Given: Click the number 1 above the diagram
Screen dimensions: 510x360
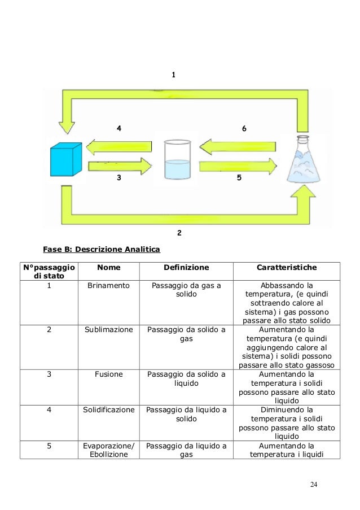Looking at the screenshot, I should tap(174, 75).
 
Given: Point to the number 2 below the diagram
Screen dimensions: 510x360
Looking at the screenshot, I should tap(179, 232).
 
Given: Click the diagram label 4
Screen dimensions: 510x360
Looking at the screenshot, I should tap(118, 128).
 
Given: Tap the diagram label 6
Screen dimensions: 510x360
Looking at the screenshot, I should tap(243, 129).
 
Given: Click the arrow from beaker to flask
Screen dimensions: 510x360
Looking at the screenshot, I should tap(237, 167).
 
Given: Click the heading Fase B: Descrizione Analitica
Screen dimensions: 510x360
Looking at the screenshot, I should tap(102, 249).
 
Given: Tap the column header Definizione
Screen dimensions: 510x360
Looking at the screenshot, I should tap(186, 267).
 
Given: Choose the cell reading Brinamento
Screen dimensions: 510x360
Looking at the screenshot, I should tap(108, 286).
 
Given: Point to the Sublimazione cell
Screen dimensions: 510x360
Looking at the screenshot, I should tap(108, 329).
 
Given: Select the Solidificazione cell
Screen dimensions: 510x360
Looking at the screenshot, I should tap(108, 409).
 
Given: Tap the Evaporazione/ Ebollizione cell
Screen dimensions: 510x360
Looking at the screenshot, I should tap(108, 450).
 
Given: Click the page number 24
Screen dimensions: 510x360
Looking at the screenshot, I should tap(314, 485).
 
